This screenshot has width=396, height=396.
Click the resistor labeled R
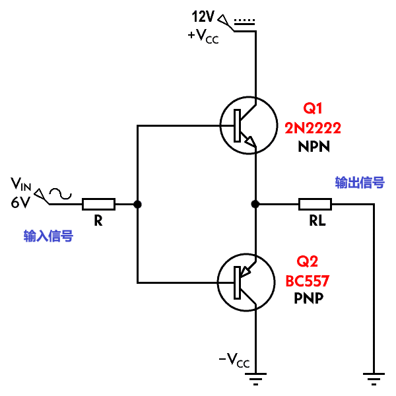(99, 204)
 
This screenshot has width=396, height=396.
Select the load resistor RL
(315, 204)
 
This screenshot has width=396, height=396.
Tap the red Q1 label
(313, 109)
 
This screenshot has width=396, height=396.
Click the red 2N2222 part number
(313, 128)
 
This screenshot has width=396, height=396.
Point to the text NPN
(314, 147)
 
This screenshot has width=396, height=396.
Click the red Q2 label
(307, 261)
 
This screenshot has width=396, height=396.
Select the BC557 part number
(308, 280)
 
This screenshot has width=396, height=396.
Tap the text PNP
(309, 298)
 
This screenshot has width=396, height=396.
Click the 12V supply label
(203, 16)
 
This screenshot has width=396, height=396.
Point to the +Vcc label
(203, 36)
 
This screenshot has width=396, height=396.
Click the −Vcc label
(234, 360)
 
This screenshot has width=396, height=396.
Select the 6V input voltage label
(20, 202)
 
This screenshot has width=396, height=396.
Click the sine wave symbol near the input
(60, 194)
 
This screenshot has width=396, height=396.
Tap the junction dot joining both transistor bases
(137, 204)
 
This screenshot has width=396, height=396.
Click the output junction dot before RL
(255, 204)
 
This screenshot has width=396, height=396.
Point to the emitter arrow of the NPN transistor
(251, 141)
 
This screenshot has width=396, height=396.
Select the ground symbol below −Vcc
(255, 379)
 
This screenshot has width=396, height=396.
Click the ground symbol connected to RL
(374, 379)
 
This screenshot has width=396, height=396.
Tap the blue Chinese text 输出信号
(360, 182)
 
